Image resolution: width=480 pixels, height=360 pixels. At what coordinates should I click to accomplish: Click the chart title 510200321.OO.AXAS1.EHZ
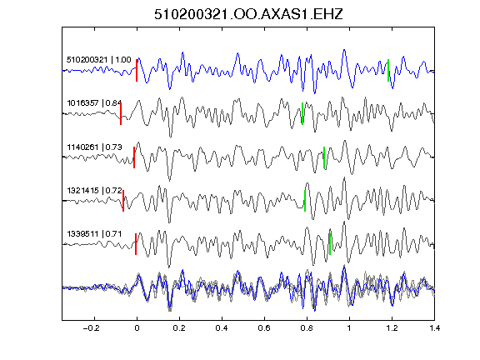pos(248,14)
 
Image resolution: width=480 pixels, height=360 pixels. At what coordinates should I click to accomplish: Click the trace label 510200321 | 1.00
pos(99,59)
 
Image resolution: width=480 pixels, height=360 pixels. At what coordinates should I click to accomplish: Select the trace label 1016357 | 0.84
pos(94,102)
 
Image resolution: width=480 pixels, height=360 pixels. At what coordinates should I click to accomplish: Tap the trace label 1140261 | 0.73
pos(94,147)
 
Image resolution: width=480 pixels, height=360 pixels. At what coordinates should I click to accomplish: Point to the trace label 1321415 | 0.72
pos(94,190)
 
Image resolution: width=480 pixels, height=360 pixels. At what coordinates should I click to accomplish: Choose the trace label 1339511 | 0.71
pos(94,234)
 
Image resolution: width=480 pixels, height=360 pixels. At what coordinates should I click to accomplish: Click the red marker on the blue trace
pos(137,70)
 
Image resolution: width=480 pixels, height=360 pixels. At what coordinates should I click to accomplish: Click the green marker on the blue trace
pos(388,70)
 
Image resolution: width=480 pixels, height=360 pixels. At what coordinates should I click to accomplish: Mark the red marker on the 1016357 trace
pos(121,113)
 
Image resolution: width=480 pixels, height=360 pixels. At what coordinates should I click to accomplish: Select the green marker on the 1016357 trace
pos(302,113)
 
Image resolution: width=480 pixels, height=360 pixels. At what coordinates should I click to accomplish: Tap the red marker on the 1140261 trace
pos(134,157)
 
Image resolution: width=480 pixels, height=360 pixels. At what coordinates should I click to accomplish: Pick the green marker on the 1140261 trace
pos(324,157)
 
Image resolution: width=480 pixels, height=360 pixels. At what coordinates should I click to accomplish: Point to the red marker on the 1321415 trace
pos(123,201)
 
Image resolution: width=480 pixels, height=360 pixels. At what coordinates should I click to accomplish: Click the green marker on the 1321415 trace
pos(305,201)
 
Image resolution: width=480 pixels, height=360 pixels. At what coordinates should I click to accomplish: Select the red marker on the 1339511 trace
pos(136,244)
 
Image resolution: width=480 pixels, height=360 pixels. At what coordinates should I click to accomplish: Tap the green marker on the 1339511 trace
pos(330,244)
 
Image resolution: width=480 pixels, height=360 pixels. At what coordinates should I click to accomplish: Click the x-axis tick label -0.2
pos(91,328)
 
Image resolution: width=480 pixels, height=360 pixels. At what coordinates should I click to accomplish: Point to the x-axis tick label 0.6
pos(264,328)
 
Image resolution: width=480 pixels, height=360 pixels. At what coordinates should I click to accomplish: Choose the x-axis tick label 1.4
pos(434,328)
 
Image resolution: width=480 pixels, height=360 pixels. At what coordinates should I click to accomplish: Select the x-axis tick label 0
pos(137,328)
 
